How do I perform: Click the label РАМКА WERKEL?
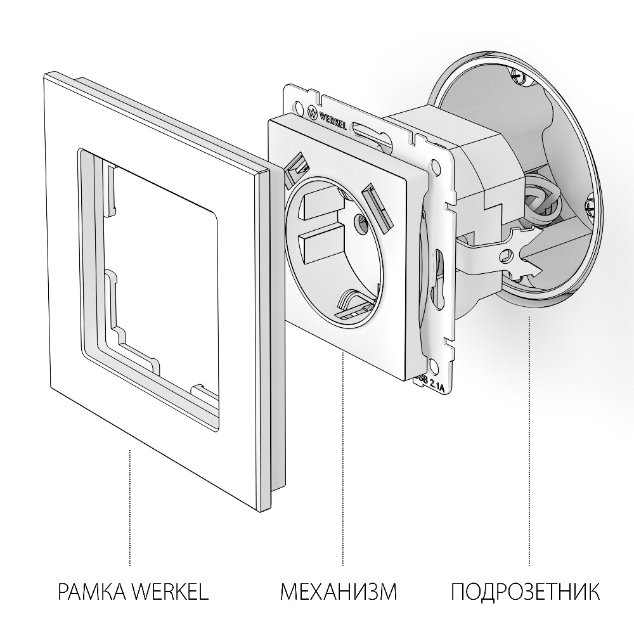click(x=133, y=593)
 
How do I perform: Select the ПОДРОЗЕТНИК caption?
click(x=526, y=593)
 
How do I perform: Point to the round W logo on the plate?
click(x=313, y=113)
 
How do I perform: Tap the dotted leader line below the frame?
click(x=129, y=507)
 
